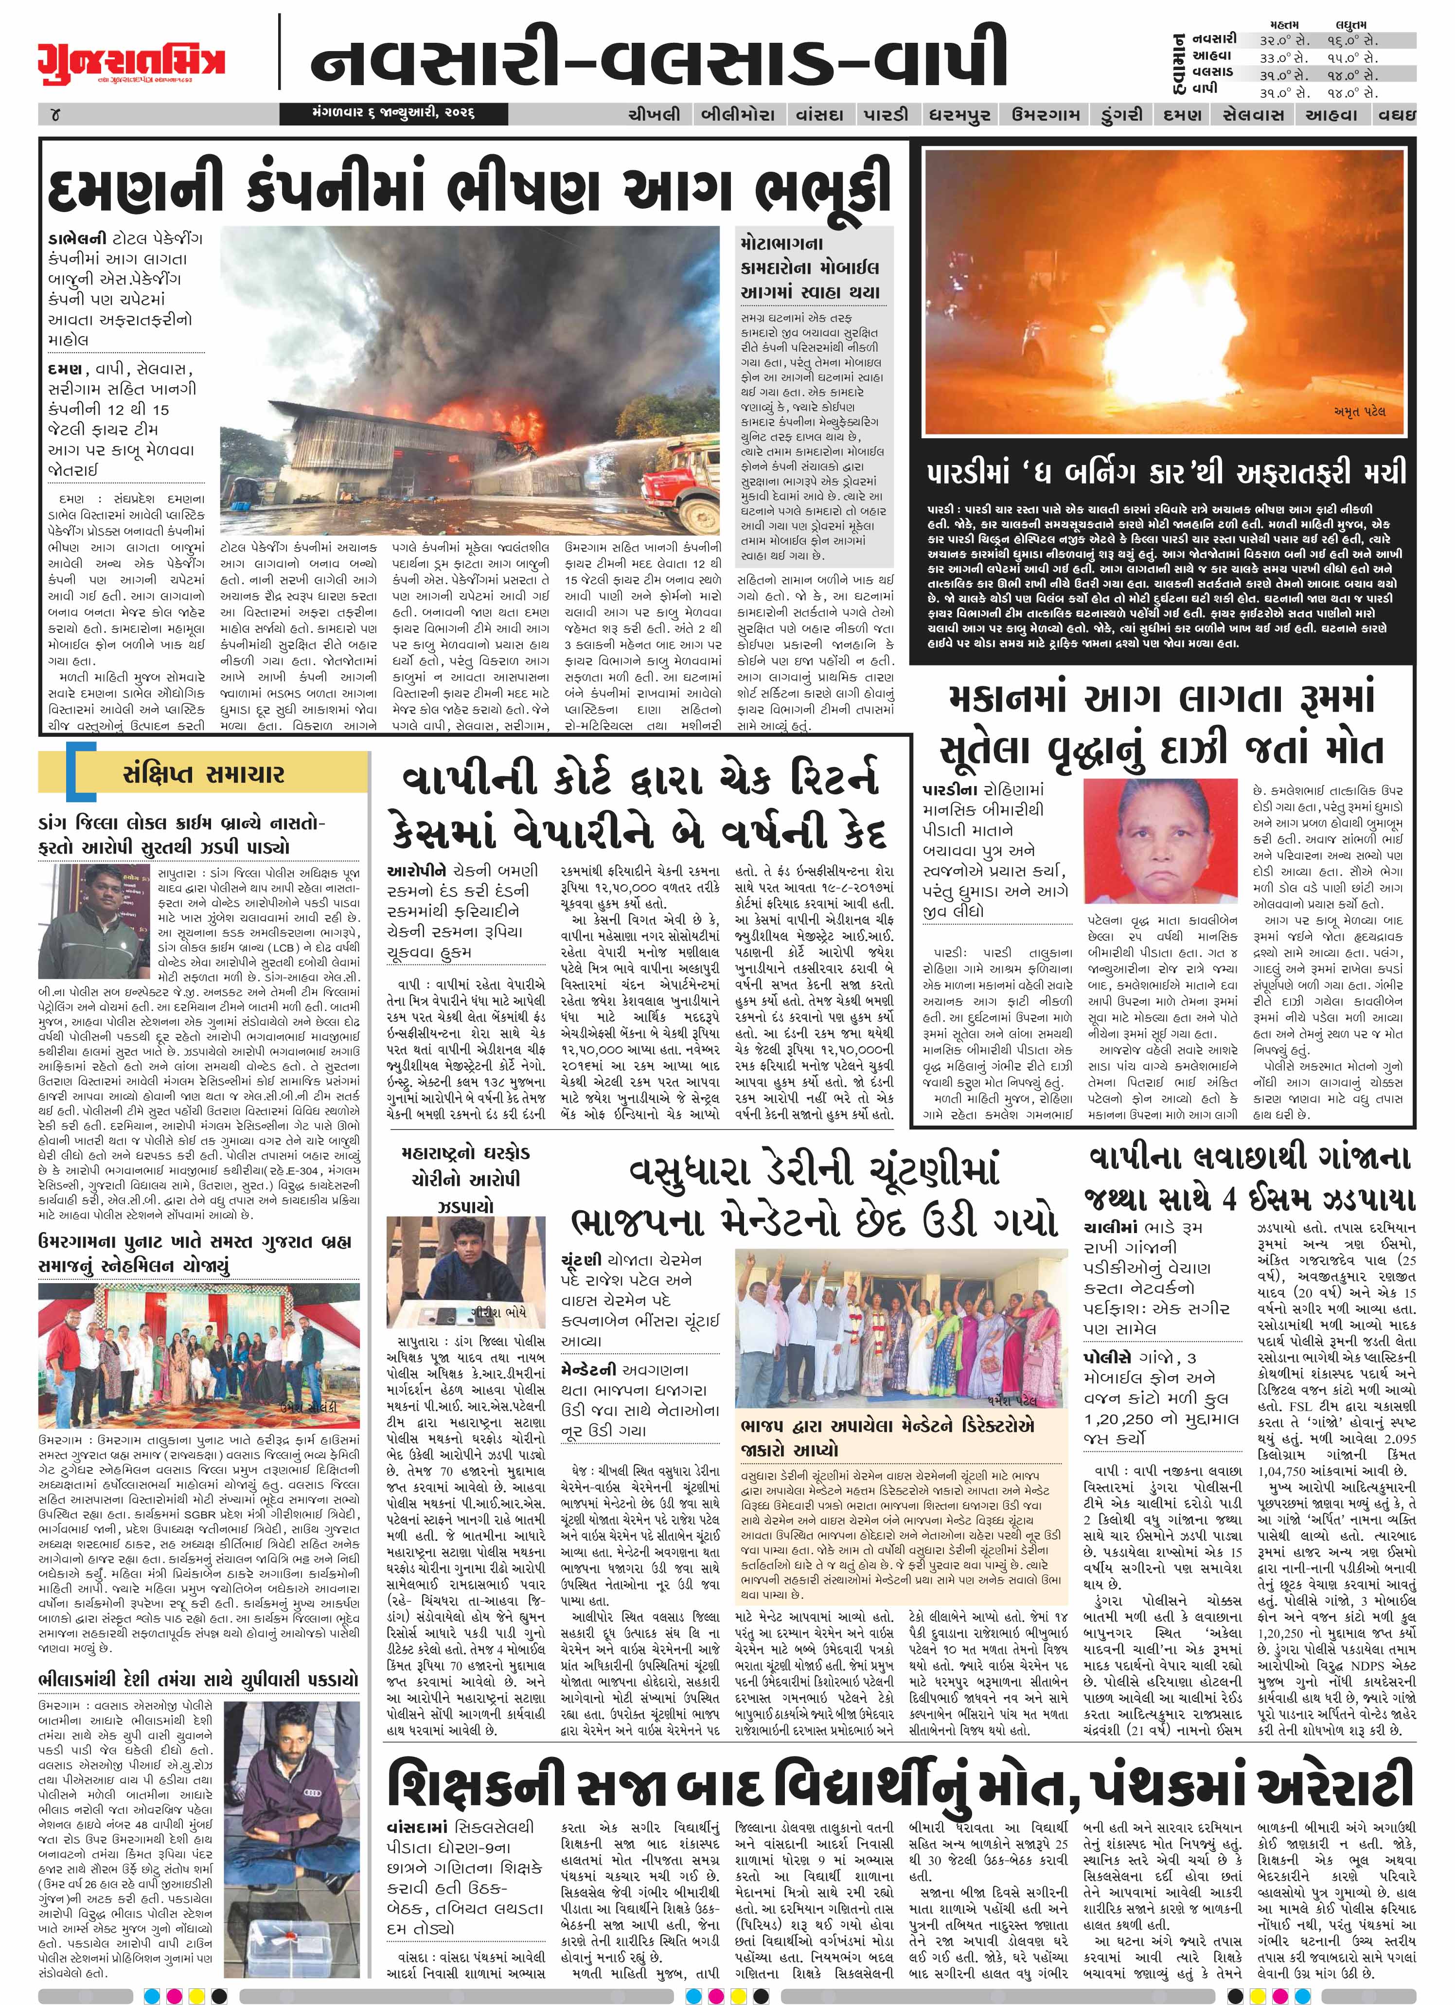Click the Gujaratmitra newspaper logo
(x=131, y=60)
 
